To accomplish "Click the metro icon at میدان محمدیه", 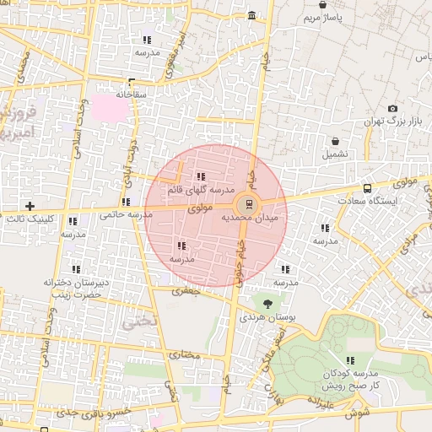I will click(x=247, y=204).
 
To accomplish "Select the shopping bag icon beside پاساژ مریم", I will click(x=323, y=5).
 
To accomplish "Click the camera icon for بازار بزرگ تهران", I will click(x=392, y=109).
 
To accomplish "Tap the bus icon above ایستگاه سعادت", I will click(x=367, y=188).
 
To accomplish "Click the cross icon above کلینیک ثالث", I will click(x=30, y=206).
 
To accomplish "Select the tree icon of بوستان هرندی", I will click(x=268, y=302).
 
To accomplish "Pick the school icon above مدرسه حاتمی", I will click(x=126, y=202).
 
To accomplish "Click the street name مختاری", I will click(x=185, y=354).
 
